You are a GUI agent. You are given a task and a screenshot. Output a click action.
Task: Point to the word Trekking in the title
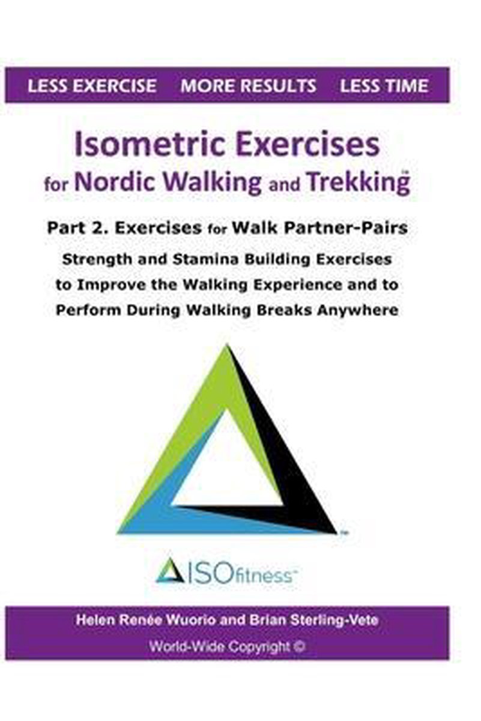click(358, 183)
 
